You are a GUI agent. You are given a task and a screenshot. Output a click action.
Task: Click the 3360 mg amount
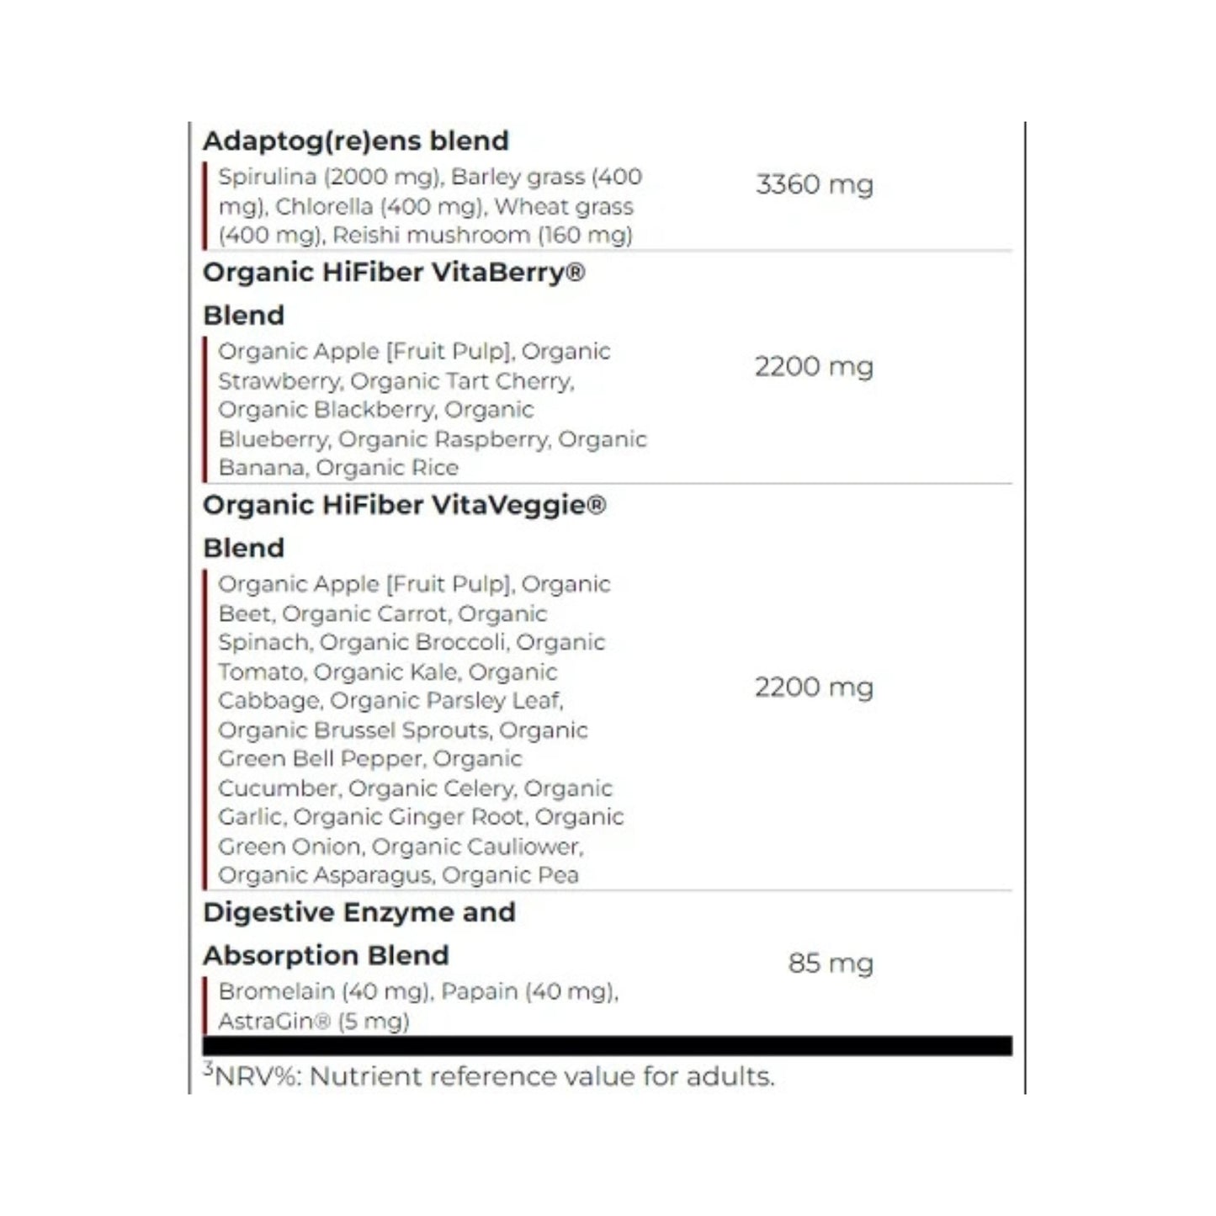tap(814, 184)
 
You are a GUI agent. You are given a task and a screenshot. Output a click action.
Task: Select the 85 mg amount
tap(830, 963)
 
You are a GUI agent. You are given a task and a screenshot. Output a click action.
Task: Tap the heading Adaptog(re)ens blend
tap(356, 141)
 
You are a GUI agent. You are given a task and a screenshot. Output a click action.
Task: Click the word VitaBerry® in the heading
tap(510, 273)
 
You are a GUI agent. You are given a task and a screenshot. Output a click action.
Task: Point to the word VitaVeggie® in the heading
tap(519, 505)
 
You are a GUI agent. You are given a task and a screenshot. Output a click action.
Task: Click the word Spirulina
tap(267, 178)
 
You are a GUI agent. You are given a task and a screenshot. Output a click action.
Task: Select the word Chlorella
tap(324, 207)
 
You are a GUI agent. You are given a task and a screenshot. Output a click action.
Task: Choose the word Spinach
tap(263, 643)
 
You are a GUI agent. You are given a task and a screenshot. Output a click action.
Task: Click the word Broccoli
tap(456, 643)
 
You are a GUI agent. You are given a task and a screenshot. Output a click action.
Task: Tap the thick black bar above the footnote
tap(607, 1046)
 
